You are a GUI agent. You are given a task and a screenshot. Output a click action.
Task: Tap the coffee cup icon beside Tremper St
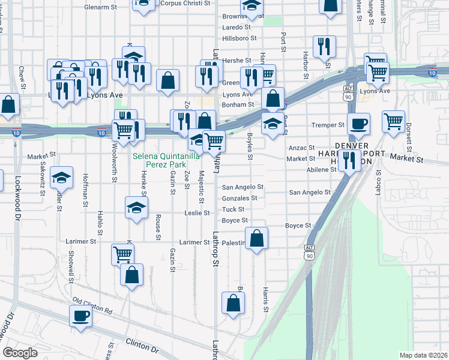pos(359,124)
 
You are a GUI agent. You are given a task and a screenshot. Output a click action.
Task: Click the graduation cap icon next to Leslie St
pos(136,208)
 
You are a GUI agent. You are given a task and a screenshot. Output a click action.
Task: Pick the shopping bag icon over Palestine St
pos(256,238)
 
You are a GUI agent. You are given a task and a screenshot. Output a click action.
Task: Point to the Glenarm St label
pos(100,7)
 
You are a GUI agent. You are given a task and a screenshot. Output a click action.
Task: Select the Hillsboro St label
pos(239,38)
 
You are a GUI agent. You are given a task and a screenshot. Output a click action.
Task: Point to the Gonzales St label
pos(240,198)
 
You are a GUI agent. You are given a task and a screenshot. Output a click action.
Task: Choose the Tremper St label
pos(328,125)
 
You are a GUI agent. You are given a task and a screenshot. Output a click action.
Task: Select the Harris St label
pos(265,299)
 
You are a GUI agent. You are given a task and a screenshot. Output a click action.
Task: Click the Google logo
pos(20,352)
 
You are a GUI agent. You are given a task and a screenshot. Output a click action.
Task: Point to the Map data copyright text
pos(423,355)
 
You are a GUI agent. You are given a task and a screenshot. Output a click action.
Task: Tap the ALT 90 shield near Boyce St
pos(309,251)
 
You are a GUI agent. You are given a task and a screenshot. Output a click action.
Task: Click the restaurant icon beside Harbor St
pos(324,46)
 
